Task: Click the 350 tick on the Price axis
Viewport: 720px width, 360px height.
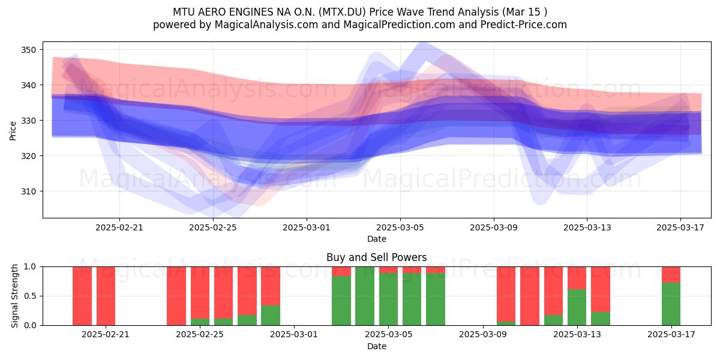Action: (x=28, y=50)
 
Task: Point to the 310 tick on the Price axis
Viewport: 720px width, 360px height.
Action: (x=28, y=191)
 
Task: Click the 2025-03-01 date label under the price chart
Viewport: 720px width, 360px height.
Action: (x=307, y=227)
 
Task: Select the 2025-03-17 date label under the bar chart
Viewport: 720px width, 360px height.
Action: (x=671, y=334)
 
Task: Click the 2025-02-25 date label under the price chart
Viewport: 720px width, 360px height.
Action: (x=213, y=227)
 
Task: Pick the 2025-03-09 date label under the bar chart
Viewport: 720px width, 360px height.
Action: (x=483, y=334)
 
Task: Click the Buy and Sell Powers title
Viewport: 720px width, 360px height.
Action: (x=377, y=257)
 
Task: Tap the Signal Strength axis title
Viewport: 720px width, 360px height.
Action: (x=14, y=296)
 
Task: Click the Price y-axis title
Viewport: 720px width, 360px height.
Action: (x=13, y=131)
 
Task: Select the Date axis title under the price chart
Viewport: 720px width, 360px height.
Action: (x=377, y=239)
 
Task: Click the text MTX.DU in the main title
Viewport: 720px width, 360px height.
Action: (x=343, y=12)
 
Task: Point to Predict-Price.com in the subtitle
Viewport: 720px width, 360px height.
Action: (x=524, y=25)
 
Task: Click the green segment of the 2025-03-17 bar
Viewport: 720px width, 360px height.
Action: (x=671, y=304)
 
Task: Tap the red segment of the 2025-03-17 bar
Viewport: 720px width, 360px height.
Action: (x=671, y=275)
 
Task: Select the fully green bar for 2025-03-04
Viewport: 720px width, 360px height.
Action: (x=365, y=296)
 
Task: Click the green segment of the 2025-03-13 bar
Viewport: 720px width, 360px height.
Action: (x=577, y=307)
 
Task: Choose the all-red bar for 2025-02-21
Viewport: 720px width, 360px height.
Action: (x=106, y=296)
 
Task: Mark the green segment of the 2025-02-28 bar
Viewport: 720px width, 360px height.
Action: (x=271, y=316)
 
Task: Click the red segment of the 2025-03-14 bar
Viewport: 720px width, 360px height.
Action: (x=601, y=289)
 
